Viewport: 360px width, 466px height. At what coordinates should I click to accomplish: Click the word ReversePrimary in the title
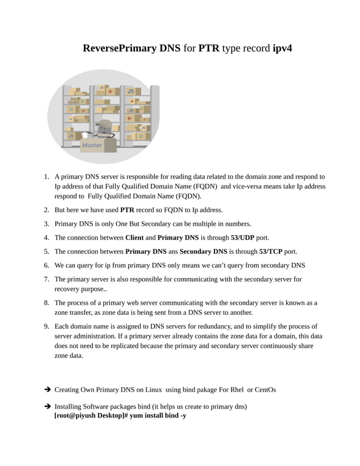tap(119, 48)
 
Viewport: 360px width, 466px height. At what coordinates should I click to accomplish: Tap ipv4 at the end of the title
tap(282, 48)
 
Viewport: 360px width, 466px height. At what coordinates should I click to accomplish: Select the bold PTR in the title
tap(208, 48)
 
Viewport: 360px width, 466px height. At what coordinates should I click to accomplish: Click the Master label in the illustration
tap(92, 145)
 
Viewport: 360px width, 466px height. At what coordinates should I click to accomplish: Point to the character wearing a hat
tap(103, 129)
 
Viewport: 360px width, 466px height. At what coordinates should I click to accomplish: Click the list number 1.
tap(46, 177)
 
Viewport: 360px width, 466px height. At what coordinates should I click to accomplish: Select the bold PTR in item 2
tap(128, 210)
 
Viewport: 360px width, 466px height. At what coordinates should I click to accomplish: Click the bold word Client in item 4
tap(134, 238)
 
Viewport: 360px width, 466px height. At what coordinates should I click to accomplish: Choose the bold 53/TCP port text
tap(270, 251)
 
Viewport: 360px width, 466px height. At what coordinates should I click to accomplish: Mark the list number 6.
tap(46, 265)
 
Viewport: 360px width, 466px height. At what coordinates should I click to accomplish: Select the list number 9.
tap(46, 326)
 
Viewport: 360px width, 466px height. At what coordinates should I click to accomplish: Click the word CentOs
tap(265, 390)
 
